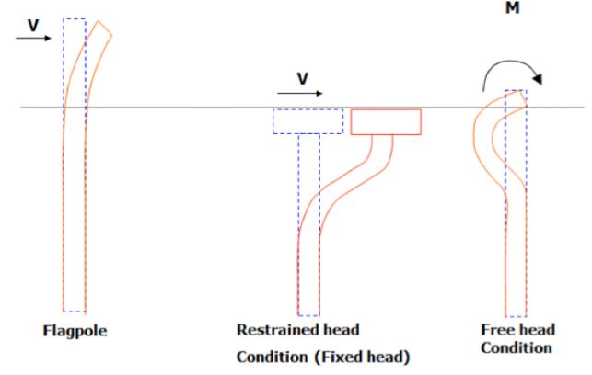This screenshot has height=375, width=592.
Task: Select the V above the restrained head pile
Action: pos(301,79)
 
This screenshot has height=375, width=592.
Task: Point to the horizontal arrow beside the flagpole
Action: pos(34,40)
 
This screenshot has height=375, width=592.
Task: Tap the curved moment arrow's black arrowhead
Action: pos(538,79)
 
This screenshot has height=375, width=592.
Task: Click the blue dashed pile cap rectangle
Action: pos(308,120)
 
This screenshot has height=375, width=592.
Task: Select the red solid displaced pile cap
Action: pos(386,120)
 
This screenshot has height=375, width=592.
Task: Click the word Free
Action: pos(498,329)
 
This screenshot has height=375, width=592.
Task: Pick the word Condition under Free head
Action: pos(517,348)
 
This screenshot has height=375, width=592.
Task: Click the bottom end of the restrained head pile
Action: pos(308,312)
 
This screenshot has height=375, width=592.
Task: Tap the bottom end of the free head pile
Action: pos(516,313)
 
